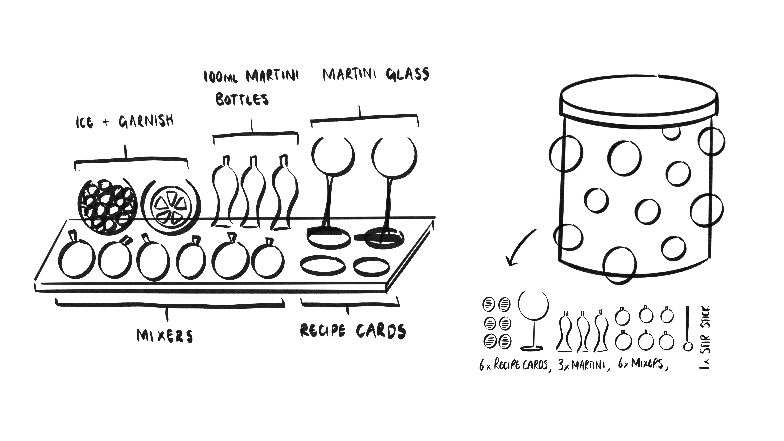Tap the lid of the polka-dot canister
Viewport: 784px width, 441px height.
click(x=639, y=100)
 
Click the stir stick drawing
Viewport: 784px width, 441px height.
click(x=687, y=329)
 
